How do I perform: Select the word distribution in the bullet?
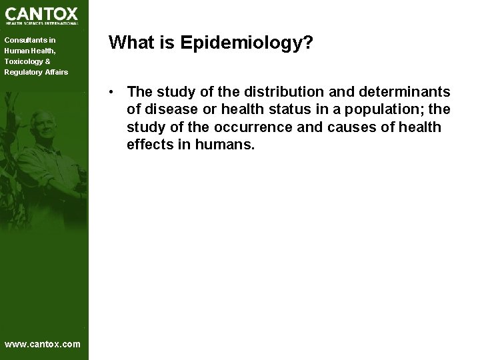tap(289, 91)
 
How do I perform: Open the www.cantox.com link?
tap(42, 344)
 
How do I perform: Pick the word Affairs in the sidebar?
tap(56, 72)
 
